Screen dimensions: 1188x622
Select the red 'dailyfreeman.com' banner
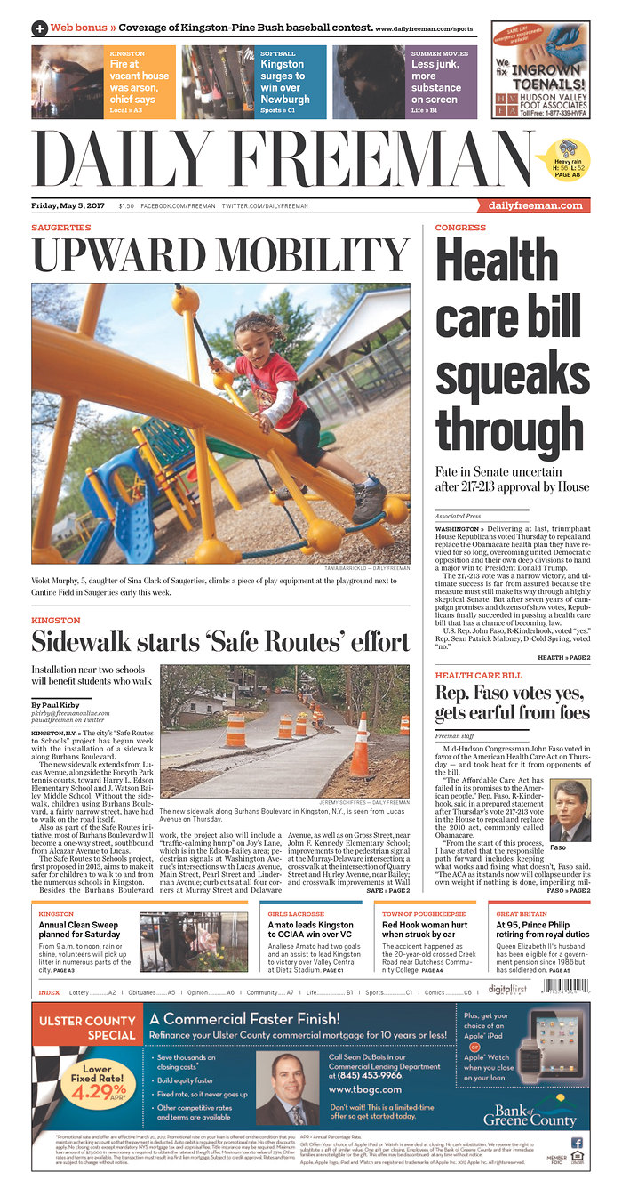538,206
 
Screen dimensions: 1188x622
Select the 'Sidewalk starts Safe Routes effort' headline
220,641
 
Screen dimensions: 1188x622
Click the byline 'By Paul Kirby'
55,705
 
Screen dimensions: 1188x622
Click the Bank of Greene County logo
530,1111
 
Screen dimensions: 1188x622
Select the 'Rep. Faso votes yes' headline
511,703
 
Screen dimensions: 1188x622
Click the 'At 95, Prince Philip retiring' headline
542,929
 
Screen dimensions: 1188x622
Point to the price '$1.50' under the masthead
126,206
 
